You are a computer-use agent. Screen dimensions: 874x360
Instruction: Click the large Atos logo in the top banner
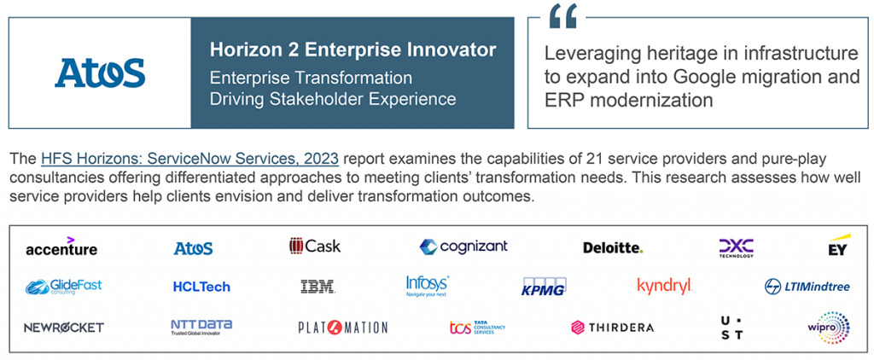tap(100, 73)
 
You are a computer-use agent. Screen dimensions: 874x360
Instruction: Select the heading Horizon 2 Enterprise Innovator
tap(353, 50)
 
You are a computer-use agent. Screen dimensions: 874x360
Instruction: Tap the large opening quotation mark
tap(562, 16)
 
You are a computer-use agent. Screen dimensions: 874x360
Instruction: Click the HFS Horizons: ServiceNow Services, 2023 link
tap(189, 160)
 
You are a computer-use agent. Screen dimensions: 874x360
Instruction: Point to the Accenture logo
tap(61, 247)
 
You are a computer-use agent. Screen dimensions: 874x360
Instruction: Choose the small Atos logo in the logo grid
tap(194, 248)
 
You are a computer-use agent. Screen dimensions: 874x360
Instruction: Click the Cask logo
tap(315, 246)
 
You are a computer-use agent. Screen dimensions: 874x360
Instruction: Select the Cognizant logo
tap(463, 247)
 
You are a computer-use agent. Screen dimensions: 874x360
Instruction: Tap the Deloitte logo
tap(613, 247)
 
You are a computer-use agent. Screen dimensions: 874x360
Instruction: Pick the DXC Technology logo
tap(736, 248)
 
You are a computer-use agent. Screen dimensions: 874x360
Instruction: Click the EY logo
tap(839, 245)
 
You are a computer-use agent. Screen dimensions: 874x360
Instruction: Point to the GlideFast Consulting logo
tap(63, 287)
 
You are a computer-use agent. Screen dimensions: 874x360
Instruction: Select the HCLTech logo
tap(201, 287)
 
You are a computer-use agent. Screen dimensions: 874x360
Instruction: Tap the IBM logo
tap(318, 287)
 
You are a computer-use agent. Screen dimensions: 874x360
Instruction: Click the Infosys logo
tap(428, 286)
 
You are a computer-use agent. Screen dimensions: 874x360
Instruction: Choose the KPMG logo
tap(544, 287)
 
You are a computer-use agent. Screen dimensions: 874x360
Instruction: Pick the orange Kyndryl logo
tap(664, 287)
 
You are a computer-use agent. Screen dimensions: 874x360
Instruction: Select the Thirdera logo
tap(613, 327)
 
